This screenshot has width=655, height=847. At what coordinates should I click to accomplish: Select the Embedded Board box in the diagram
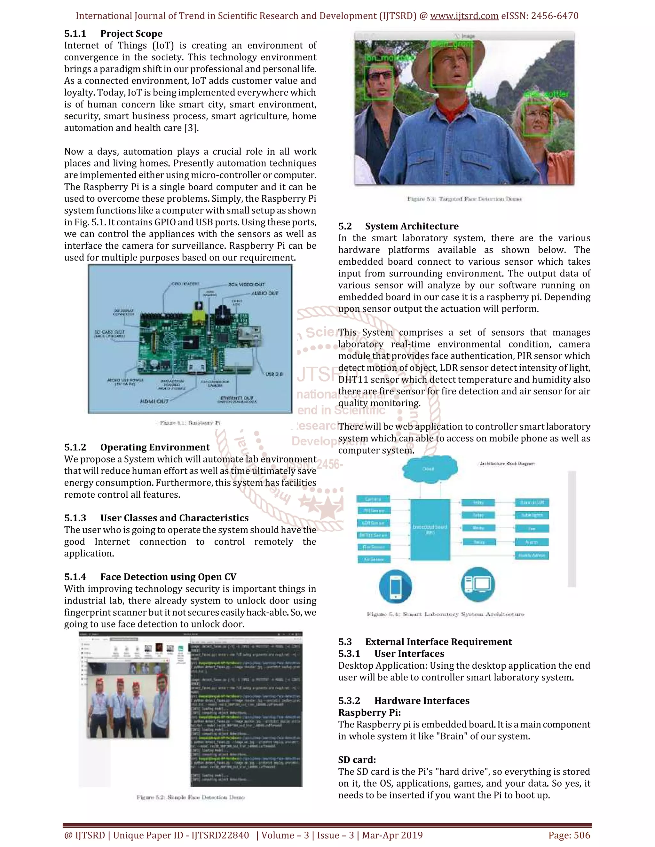click(430, 529)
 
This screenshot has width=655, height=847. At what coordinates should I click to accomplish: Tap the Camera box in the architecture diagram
click(373, 499)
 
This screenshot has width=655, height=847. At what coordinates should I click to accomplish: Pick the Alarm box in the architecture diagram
click(532, 542)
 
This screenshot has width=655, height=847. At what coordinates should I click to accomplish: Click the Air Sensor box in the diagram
click(374, 559)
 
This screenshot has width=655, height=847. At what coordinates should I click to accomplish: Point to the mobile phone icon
click(395, 585)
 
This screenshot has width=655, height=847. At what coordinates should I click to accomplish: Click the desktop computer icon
click(478, 584)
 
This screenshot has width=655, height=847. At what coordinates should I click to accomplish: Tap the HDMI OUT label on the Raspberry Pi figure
click(154, 401)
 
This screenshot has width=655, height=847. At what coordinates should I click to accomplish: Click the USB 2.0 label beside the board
click(274, 374)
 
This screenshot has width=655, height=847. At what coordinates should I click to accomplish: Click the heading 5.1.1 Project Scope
click(113, 34)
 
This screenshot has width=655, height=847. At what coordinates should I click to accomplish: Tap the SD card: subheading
click(357, 759)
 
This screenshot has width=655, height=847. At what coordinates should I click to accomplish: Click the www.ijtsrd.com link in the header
click(464, 16)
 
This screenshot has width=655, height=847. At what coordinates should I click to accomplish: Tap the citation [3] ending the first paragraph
click(191, 128)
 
